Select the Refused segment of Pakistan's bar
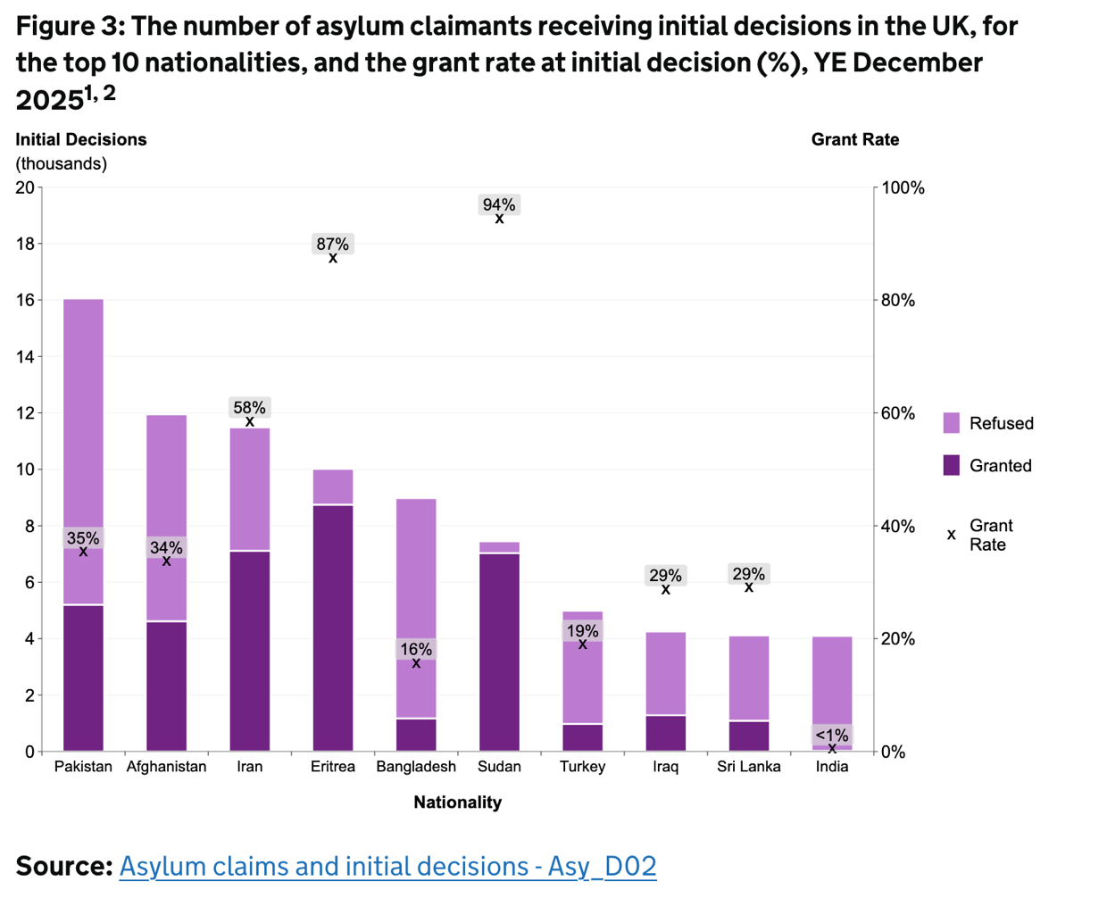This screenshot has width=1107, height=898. pyautogui.click(x=83, y=411)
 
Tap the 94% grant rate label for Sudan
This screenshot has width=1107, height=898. pyautogui.click(x=499, y=204)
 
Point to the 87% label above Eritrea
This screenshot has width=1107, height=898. pyautogui.click(x=333, y=244)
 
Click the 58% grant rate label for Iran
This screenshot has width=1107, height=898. pyautogui.click(x=250, y=407)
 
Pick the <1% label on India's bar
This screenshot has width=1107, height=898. pyautogui.click(x=832, y=736)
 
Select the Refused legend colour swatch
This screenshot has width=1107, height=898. pyautogui.click(x=952, y=423)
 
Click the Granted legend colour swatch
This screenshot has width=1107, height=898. pyautogui.click(x=952, y=465)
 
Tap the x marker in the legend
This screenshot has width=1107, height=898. pyautogui.click(x=952, y=535)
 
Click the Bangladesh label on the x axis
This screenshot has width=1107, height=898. pyautogui.click(x=416, y=767)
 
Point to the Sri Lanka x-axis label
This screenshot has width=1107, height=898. pyautogui.click(x=749, y=767)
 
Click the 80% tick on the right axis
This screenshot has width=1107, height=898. pyautogui.click(x=899, y=301)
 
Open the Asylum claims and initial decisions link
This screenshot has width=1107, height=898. pyautogui.click(x=387, y=866)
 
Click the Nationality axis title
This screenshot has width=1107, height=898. pyautogui.click(x=457, y=802)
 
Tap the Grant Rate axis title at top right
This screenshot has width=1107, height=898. pyautogui.click(x=854, y=140)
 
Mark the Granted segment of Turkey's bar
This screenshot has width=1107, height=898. pyautogui.click(x=582, y=737)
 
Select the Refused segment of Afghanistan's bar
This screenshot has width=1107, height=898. pyautogui.click(x=167, y=473)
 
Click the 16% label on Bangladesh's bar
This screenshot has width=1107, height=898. pyautogui.click(x=416, y=649)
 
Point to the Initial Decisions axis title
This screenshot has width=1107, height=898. pyautogui.click(x=81, y=140)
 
